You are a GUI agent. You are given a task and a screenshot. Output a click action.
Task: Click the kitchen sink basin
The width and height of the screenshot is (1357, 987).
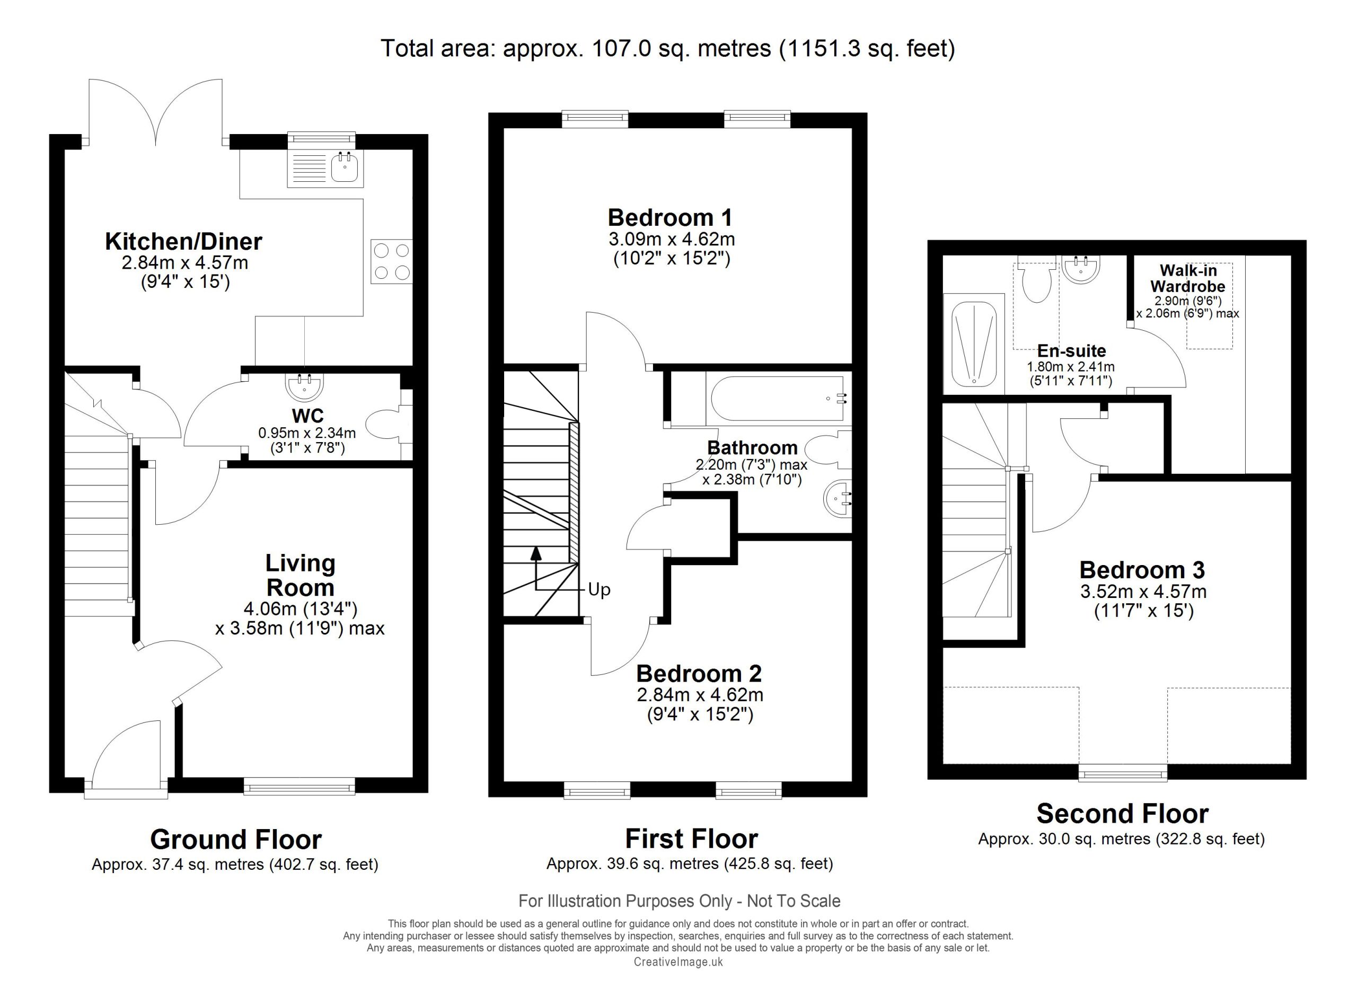tap(345, 167)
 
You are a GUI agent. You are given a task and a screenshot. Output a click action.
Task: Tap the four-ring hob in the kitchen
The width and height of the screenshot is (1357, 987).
tap(392, 261)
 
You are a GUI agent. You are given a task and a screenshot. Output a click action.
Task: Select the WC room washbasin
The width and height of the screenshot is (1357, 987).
tap(305, 386)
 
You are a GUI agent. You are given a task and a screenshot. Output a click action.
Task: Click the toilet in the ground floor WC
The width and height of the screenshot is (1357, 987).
tap(389, 425)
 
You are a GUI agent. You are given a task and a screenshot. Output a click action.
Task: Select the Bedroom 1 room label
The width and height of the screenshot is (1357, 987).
tap(670, 217)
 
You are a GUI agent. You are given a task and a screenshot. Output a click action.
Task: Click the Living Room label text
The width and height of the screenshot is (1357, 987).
tap(301, 575)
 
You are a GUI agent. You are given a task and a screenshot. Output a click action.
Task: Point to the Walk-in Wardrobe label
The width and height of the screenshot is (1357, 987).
tap(1188, 278)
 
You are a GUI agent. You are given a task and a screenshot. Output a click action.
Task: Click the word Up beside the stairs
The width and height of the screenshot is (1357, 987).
tap(599, 590)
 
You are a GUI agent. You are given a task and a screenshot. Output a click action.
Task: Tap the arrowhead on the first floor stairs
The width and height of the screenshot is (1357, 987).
tap(536, 553)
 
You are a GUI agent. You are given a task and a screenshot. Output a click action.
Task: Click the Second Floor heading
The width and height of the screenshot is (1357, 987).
tap(1123, 814)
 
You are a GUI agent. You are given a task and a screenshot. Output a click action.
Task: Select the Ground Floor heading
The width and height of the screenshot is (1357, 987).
tap(236, 839)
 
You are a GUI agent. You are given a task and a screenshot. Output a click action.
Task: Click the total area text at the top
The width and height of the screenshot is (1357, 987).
tap(668, 48)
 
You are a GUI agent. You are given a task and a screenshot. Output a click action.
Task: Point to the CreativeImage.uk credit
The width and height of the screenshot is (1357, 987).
tap(678, 962)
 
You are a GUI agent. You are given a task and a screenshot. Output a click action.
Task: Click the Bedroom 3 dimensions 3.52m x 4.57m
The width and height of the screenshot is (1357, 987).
tap(1143, 592)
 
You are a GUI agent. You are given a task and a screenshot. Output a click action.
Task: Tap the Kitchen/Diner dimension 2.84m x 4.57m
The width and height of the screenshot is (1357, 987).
tap(185, 262)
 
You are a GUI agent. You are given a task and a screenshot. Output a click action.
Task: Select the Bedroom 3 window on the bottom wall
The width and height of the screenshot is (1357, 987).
tap(1123, 773)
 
